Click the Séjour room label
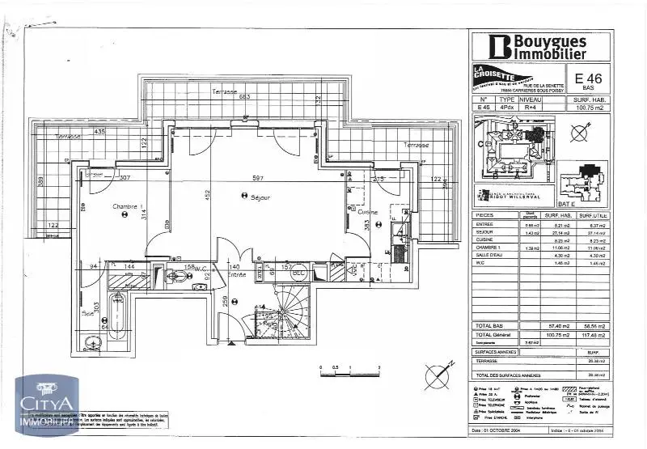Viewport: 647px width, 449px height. [x=260, y=197]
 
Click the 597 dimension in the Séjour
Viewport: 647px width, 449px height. [x=258, y=178]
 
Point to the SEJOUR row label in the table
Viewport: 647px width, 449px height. [x=488, y=232]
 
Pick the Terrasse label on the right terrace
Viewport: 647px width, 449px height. [x=412, y=145]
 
